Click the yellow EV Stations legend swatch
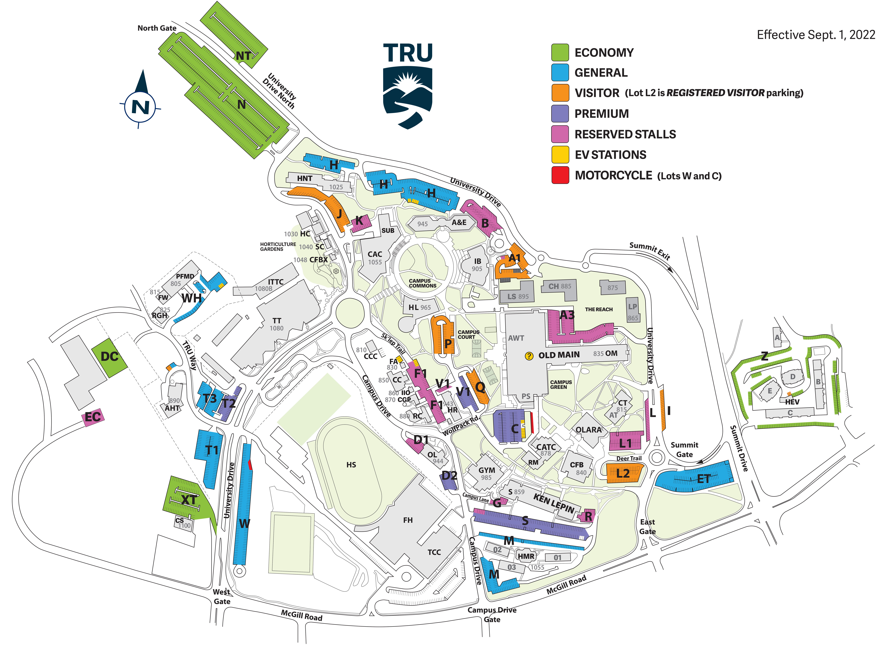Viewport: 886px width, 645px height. (560, 155)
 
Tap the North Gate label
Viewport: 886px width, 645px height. (157, 28)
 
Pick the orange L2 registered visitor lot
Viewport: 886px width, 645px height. (624, 473)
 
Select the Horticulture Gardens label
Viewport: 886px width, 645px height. (278, 246)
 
